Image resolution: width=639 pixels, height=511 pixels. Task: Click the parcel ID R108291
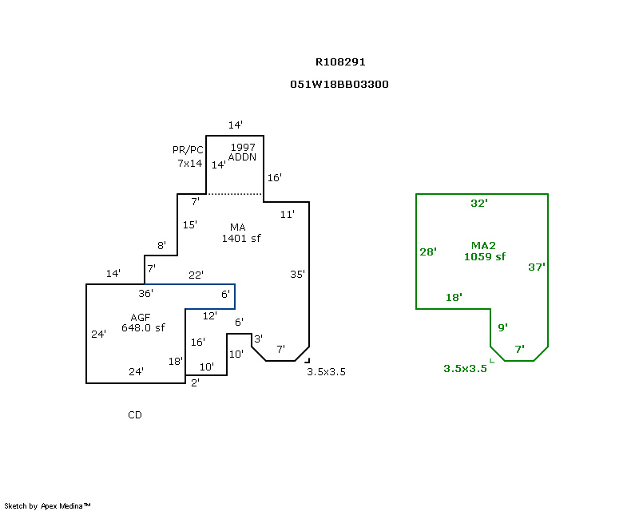click(x=340, y=61)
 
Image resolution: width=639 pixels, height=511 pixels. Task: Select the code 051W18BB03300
click(x=339, y=84)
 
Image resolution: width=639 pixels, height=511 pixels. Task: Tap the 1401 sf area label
click(x=241, y=238)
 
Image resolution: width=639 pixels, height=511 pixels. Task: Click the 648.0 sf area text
click(x=143, y=327)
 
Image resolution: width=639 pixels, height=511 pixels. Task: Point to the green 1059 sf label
click(x=485, y=257)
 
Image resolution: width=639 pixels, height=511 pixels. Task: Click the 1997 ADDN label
click(x=243, y=153)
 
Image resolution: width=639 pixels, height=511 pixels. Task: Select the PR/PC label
click(x=189, y=150)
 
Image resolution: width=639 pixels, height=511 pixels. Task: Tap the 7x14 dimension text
click(x=189, y=163)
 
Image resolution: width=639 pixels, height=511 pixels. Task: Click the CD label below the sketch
click(x=135, y=414)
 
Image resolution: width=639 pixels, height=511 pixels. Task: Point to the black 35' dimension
click(x=297, y=274)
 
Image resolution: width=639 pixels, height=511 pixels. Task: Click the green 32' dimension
click(x=478, y=204)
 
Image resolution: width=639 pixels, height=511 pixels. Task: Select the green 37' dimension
click(x=537, y=267)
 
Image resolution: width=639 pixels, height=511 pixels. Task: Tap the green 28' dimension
click(x=428, y=252)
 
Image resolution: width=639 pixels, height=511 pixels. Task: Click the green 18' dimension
click(x=454, y=297)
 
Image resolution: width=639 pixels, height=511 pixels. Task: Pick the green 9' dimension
click(x=502, y=327)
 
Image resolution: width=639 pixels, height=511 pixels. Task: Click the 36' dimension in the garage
click(x=145, y=293)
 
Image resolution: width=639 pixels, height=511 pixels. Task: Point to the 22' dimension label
click(x=196, y=275)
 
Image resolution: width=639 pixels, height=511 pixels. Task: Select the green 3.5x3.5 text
click(x=465, y=368)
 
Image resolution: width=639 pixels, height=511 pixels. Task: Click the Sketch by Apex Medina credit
click(x=47, y=505)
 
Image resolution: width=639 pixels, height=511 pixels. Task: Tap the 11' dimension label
click(x=288, y=214)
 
